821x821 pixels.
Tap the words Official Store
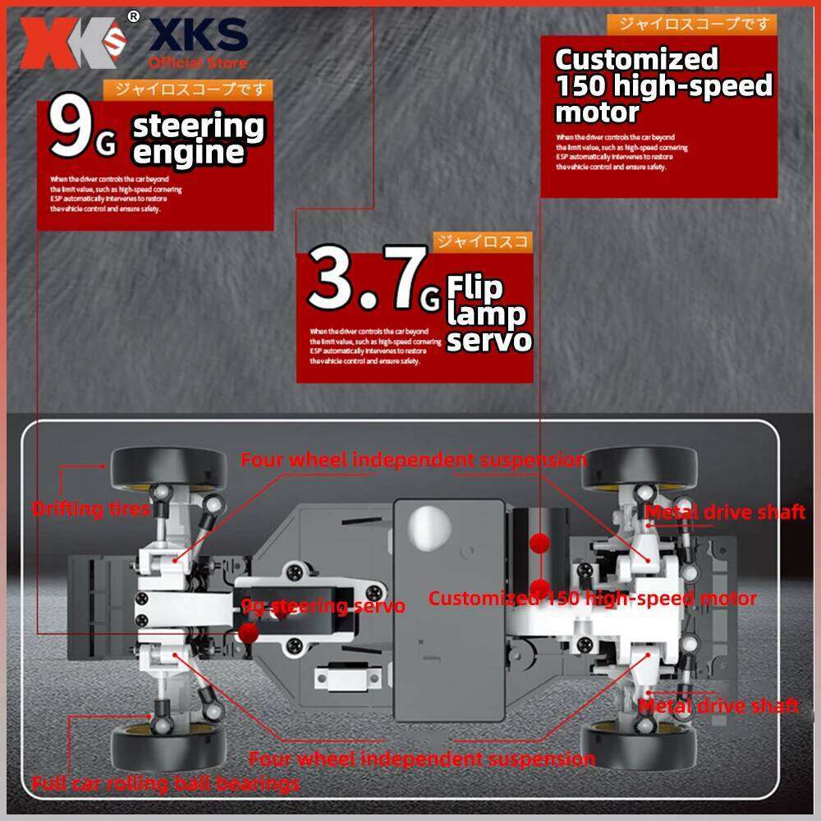coord(197,62)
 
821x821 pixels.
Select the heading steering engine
coord(199,140)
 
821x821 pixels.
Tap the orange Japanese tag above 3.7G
coord(482,241)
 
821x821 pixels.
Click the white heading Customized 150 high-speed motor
coord(663,85)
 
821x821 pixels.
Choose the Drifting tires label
coord(90,509)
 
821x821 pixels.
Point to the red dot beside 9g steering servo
coord(249,631)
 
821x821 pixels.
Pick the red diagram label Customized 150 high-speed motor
coord(592,599)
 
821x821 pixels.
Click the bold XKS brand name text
coord(198,35)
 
